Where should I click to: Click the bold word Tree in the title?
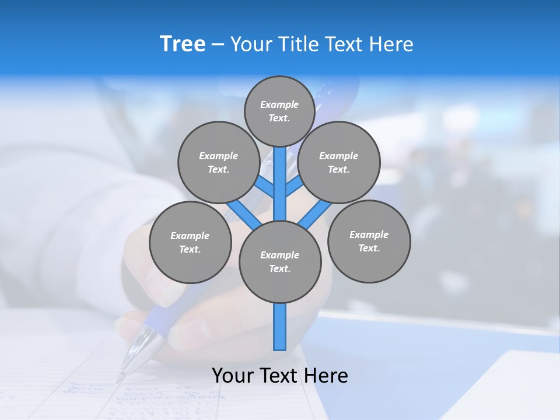[x=183, y=44]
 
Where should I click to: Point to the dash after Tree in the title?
[x=218, y=45]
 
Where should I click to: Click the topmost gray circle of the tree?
[x=279, y=111]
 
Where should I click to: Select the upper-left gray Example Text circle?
[x=218, y=162]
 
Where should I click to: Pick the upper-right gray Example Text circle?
[x=339, y=162]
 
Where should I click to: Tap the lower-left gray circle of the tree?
[x=190, y=242]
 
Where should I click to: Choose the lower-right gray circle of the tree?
[x=369, y=241]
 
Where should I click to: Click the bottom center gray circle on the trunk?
[x=280, y=261]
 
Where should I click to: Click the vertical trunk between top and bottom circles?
[x=280, y=184]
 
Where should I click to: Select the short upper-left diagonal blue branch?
[x=264, y=187]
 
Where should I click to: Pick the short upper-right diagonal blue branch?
[x=295, y=186]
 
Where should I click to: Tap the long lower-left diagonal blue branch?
[x=244, y=215]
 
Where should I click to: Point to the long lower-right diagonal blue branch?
[x=315, y=215]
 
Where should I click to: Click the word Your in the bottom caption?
[x=232, y=376]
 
